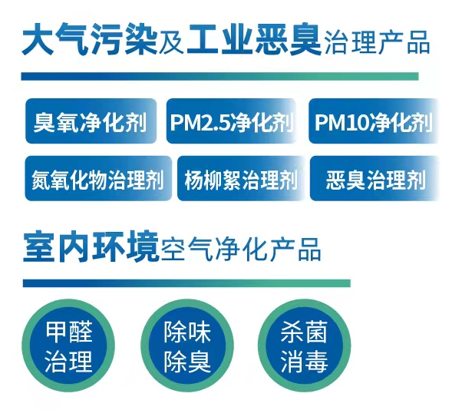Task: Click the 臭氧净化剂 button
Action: tap(91, 121)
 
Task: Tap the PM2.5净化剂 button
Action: tap(231, 121)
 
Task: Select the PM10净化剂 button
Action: tap(373, 121)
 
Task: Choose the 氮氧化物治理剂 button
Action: tap(98, 178)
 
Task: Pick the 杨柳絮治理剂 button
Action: tap(241, 178)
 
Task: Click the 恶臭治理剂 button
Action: tap(375, 178)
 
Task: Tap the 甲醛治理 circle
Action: tap(68, 346)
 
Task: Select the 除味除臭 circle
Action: tap(187, 346)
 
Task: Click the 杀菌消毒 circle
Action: tap(305, 346)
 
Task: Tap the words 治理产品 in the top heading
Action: tap(378, 43)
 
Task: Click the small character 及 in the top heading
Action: tap(172, 43)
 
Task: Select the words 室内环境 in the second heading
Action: tap(91, 247)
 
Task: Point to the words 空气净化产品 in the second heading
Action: tap(241, 250)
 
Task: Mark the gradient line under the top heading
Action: tap(219, 76)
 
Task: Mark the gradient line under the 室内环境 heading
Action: tap(186, 283)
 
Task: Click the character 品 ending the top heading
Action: tap(418, 43)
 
